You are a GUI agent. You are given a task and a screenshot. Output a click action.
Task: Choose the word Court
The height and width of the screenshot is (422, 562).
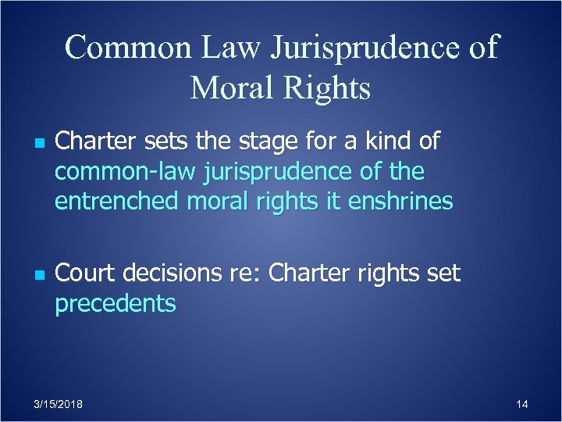(84, 274)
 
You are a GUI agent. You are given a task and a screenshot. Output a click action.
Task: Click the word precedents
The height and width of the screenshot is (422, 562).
(115, 304)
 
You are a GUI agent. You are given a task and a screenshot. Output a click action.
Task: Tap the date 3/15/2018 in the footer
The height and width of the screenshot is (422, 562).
(60, 404)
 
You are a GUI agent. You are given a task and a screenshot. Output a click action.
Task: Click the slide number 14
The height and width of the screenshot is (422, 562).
(522, 404)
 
